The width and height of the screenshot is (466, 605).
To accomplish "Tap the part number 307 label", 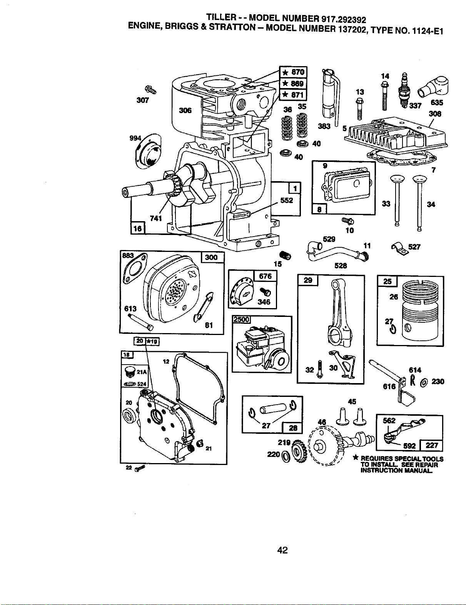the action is pos(143,100).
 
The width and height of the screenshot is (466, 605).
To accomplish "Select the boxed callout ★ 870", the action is pos(293,72).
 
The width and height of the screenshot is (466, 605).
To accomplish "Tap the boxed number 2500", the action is pos(241,319).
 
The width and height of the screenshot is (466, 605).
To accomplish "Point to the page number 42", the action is pos(282,550).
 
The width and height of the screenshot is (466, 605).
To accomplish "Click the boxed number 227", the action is pos(431,445).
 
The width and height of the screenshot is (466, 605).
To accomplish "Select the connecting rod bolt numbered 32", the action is pos(320,369).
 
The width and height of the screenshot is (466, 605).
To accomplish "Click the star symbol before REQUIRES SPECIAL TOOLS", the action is pos(356,457).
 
